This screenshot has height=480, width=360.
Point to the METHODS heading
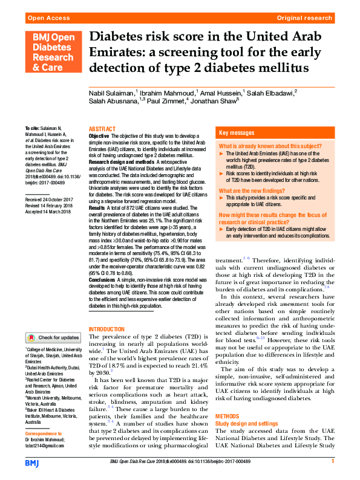tap(229, 417)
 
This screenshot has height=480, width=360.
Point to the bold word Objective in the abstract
tap(99, 137)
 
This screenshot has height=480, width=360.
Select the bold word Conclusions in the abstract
tap(102, 281)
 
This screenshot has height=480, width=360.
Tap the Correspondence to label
tap(43, 434)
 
